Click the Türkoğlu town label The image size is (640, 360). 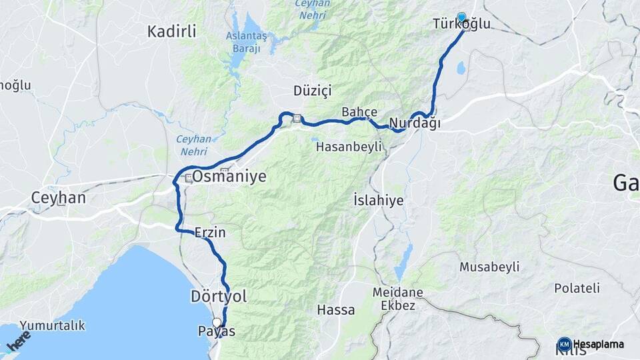tap(461, 25)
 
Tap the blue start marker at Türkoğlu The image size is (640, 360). tap(461, 17)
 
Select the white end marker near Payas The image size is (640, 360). tap(216, 323)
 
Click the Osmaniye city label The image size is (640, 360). tap(229, 177)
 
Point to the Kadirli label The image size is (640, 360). tap(172, 31)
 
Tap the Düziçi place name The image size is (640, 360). tap(312, 90)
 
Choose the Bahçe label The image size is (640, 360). tap(359, 111)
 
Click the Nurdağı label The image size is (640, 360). tap(415, 123)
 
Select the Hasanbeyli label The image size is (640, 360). tap(348, 145)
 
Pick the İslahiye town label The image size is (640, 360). tap(379, 199)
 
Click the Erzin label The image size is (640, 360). tap(210, 233)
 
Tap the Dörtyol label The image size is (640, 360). tap(219, 297)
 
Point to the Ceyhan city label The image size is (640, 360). tap(59, 198)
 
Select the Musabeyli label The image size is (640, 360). tap(489, 267)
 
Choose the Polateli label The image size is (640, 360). tap(577, 288)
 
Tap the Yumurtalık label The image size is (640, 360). tap(52, 325)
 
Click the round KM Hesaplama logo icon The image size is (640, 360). tap(564, 344)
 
